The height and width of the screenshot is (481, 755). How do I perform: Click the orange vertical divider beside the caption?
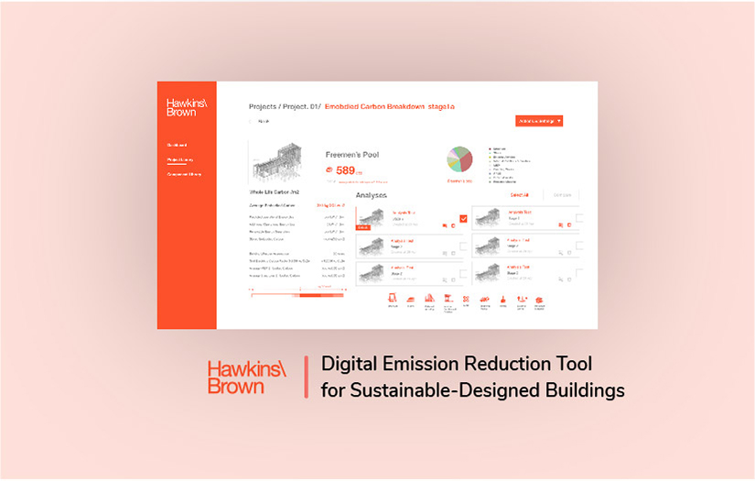coord(306,377)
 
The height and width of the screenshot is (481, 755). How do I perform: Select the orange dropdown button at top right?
coord(539,120)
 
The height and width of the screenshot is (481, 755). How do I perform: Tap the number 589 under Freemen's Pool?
coord(347,170)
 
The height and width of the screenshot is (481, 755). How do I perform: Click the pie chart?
coord(459,159)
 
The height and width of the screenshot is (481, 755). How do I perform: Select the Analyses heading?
coord(371,195)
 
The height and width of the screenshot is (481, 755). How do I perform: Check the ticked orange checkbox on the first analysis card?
coord(463,218)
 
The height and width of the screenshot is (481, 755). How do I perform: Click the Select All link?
coord(520,195)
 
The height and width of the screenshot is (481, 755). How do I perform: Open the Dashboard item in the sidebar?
coord(177,145)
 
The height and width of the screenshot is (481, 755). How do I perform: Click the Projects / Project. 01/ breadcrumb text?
coord(283,106)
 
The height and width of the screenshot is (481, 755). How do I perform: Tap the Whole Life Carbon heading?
coord(275,192)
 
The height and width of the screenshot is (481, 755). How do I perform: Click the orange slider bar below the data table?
coord(298,294)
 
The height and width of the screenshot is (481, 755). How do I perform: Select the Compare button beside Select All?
coord(563,195)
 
